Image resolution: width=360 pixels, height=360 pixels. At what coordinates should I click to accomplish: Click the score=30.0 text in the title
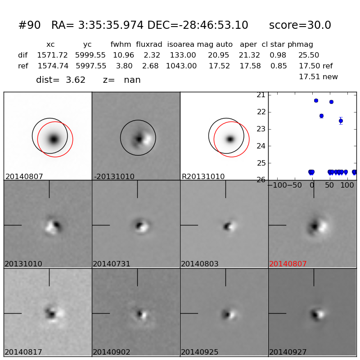pos(300,26)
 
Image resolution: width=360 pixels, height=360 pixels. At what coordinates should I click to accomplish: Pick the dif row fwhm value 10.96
pos(123,55)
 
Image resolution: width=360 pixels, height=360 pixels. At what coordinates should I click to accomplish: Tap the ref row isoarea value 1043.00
pos(181,66)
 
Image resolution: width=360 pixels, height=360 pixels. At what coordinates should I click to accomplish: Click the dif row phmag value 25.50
pos(309,55)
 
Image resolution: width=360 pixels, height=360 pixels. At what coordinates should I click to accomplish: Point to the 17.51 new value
pos(318,77)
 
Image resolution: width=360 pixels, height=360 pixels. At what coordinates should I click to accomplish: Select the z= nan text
pos(121,80)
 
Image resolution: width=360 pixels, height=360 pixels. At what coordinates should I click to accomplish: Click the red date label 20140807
pos(288,264)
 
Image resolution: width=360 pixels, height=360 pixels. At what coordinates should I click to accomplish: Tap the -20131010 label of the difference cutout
pos(114,177)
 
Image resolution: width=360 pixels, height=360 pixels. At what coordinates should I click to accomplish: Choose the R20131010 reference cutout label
pos(203,177)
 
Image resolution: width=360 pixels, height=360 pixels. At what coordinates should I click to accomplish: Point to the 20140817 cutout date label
pos(23,352)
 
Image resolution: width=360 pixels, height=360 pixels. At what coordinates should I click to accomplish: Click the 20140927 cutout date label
pos(288,352)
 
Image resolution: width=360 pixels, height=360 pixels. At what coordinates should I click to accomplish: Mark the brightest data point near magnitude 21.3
pos(316,100)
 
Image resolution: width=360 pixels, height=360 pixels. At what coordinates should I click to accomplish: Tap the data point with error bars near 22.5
pos(341,121)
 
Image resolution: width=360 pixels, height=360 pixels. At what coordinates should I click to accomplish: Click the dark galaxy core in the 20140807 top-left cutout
pos(54,139)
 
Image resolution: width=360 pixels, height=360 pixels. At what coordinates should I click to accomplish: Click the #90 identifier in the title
pos(29,26)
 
